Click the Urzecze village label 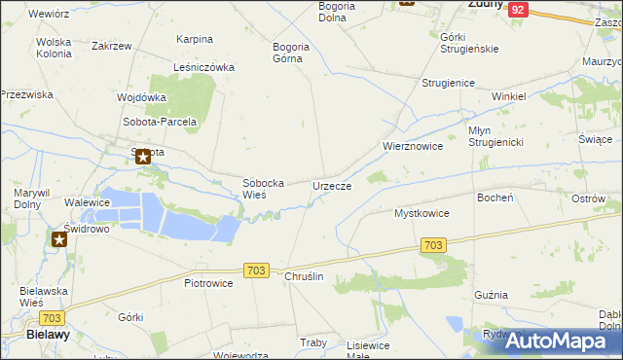click(x=332, y=185)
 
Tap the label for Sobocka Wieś click(x=263, y=188)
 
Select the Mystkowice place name click(x=421, y=212)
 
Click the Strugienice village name click(x=448, y=84)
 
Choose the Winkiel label click(x=508, y=97)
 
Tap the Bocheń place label click(x=495, y=197)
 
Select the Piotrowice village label click(x=208, y=283)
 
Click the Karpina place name click(x=195, y=39)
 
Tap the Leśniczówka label click(x=203, y=67)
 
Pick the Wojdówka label click(x=141, y=97)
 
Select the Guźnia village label click(x=491, y=294)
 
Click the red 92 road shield click(x=518, y=9)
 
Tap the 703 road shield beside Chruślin click(x=257, y=270)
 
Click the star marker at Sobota click(x=143, y=156)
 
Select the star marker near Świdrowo click(x=59, y=237)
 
